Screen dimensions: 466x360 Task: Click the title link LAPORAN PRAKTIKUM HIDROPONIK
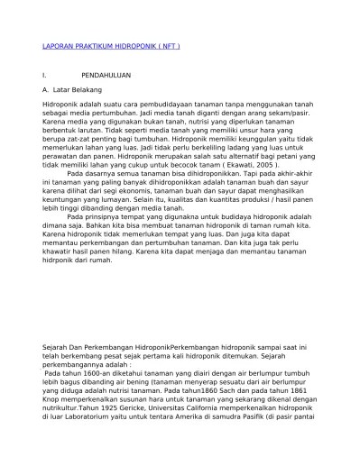[111, 46]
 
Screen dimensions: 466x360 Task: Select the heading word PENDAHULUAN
[107, 77]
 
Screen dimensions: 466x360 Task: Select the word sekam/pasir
[293, 115]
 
